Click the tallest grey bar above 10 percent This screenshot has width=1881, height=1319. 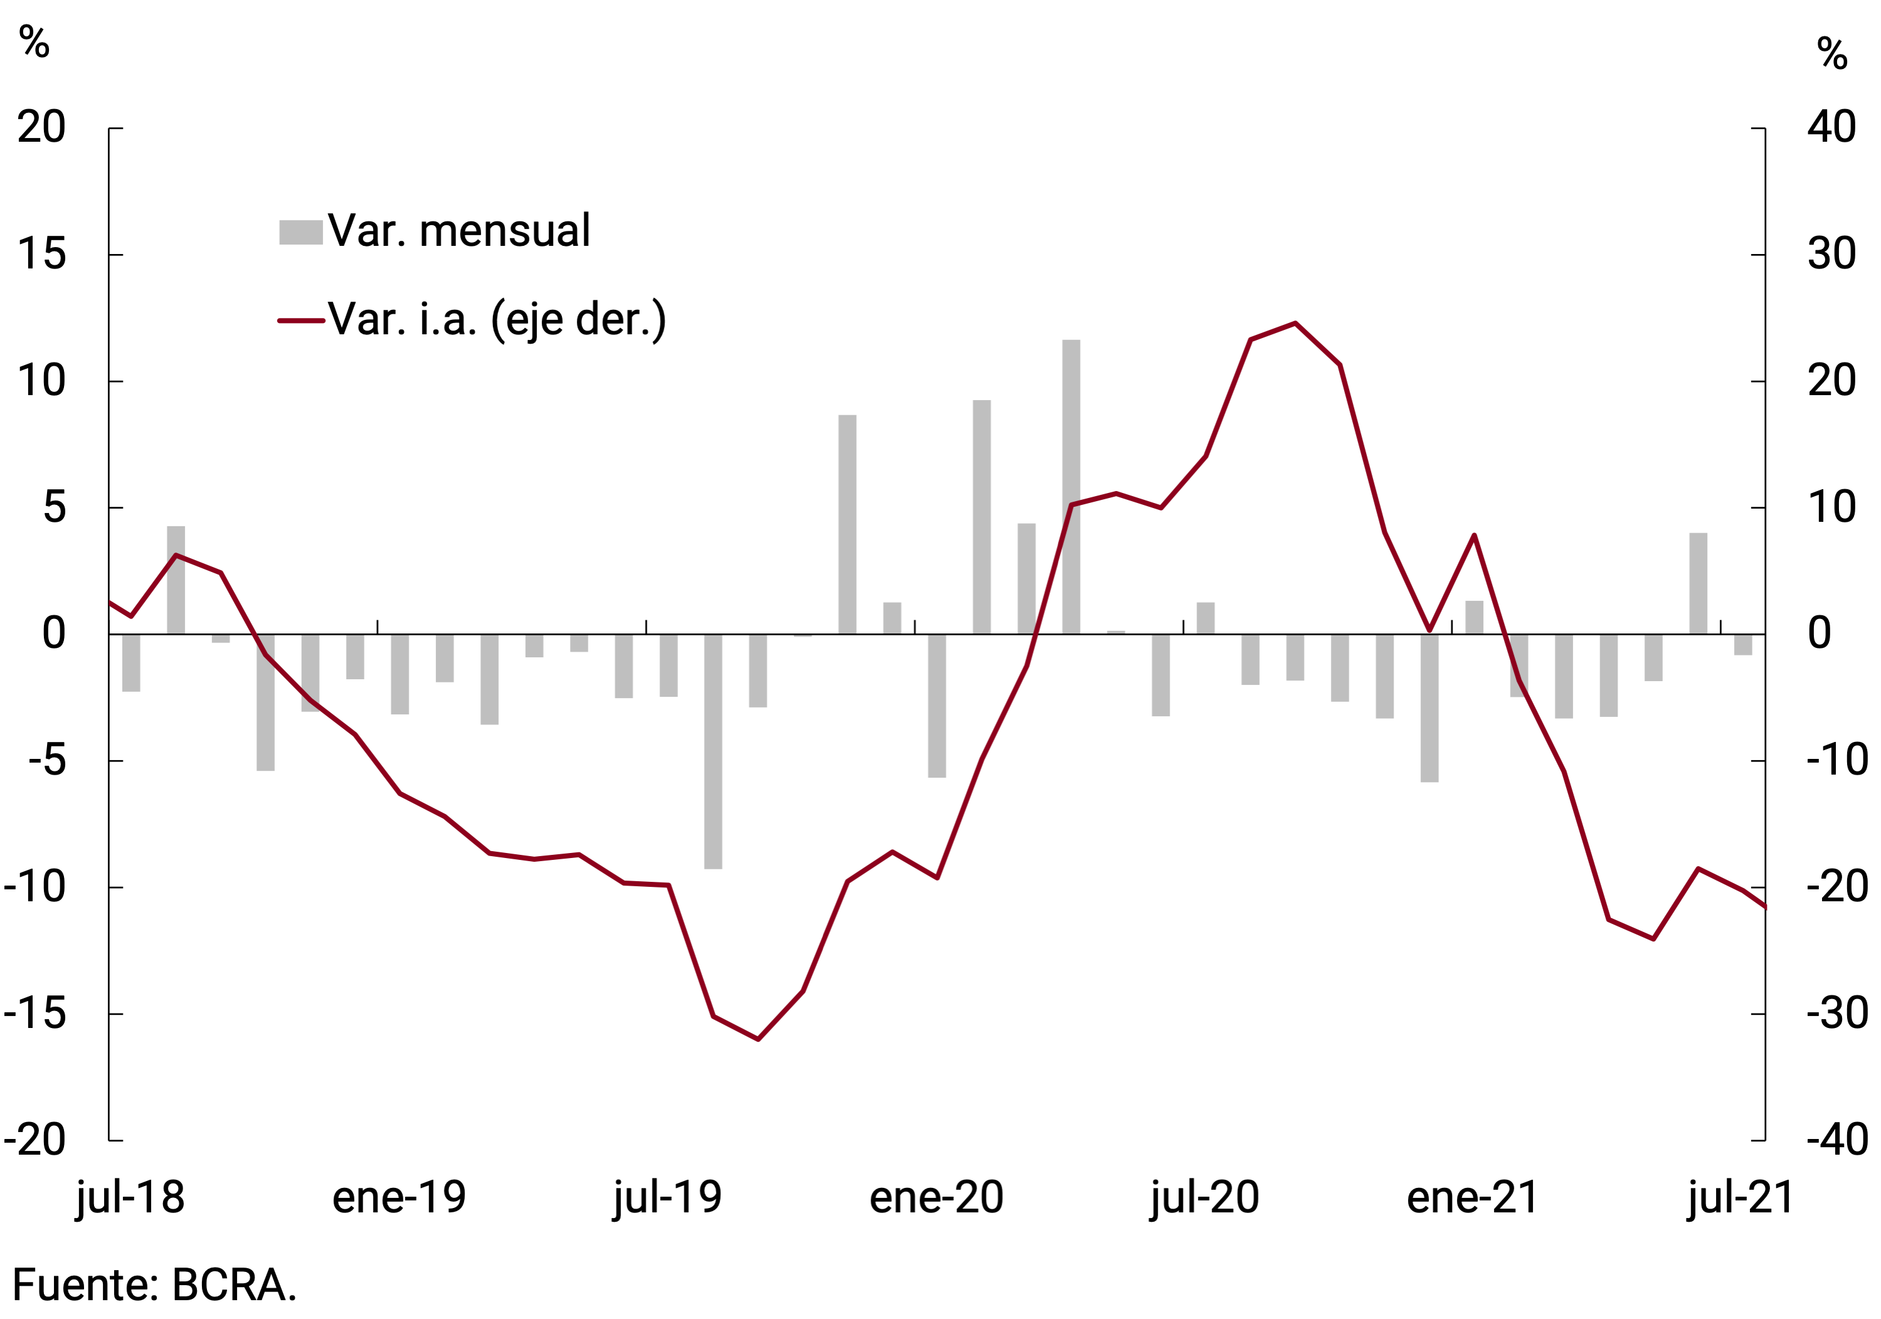click(x=1071, y=487)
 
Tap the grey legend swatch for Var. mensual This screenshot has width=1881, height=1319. click(x=300, y=232)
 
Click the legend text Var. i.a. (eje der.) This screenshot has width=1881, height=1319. click(x=497, y=319)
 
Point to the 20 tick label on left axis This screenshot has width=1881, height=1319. click(x=41, y=128)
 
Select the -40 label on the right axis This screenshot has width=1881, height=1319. click(x=1836, y=1140)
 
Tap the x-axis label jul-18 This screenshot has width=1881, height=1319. click(x=130, y=1198)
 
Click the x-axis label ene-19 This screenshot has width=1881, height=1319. click(x=399, y=1198)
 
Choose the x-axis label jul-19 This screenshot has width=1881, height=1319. click(x=668, y=1198)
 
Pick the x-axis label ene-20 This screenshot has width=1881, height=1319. click(x=936, y=1198)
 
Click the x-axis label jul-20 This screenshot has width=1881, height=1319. click(x=1204, y=1198)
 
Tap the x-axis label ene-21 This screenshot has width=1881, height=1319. click(x=1473, y=1198)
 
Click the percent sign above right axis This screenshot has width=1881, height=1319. click(x=1833, y=53)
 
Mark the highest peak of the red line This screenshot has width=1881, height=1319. click(x=1295, y=324)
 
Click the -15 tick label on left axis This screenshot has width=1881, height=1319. click(x=34, y=1014)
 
